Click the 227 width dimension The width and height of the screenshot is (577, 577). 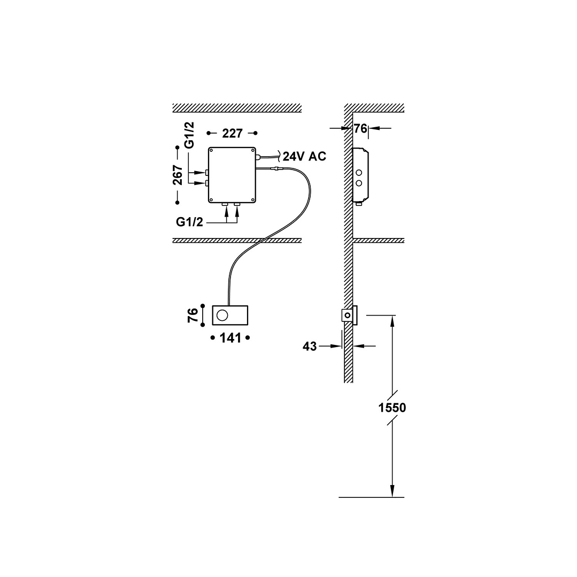(232, 133)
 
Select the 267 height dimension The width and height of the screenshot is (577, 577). (178, 175)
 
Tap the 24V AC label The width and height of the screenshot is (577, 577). (304, 157)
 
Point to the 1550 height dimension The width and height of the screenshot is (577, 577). (392, 407)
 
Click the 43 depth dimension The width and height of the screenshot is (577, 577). (310, 347)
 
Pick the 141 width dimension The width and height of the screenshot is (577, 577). (230, 338)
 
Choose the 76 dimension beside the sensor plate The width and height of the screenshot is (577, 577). (193, 315)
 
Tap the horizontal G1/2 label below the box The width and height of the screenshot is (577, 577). (189, 222)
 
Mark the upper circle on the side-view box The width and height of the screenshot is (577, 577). (359, 173)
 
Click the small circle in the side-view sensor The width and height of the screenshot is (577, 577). (348, 316)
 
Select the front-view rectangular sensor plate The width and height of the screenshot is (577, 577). (230, 315)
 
